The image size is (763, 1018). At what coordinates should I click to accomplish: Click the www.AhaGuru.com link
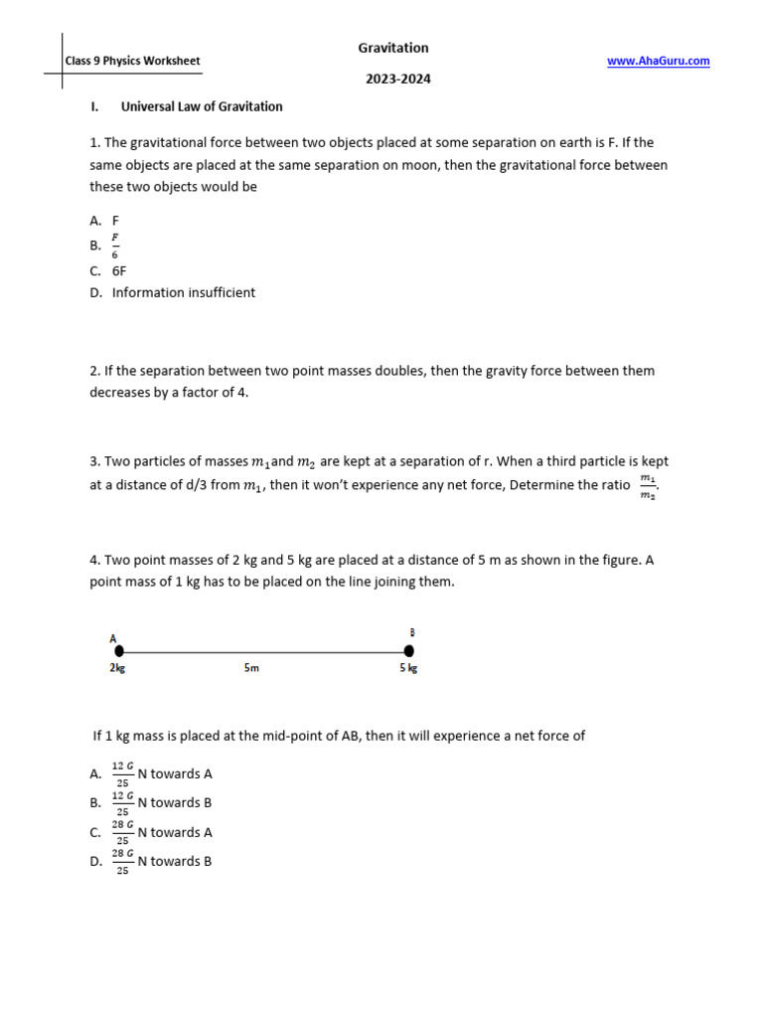tap(658, 61)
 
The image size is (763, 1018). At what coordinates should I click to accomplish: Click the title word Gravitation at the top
tap(393, 48)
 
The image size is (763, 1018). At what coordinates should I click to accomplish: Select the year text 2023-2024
tap(397, 79)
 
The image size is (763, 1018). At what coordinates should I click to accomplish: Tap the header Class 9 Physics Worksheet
tap(132, 61)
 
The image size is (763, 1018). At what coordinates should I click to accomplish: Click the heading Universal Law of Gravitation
tap(202, 106)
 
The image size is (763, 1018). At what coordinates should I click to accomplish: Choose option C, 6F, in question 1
tap(119, 270)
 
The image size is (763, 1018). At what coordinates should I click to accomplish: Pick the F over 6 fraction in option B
tap(115, 246)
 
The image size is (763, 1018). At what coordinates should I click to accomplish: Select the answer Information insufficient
tap(183, 292)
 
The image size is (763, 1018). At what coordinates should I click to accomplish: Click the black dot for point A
tap(119, 650)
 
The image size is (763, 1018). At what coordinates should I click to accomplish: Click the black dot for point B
tap(408, 650)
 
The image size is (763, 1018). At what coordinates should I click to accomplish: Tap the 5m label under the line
tap(251, 668)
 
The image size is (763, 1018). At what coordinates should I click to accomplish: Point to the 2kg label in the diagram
tap(117, 668)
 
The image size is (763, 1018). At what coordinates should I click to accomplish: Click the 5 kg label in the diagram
tap(408, 668)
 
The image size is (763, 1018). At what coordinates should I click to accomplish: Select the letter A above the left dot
tap(114, 637)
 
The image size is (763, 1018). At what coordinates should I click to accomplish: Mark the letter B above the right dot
tap(412, 631)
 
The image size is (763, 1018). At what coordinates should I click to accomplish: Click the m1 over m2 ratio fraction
tap(648, 487)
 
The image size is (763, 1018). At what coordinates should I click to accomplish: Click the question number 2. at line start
tap(95, 371)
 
